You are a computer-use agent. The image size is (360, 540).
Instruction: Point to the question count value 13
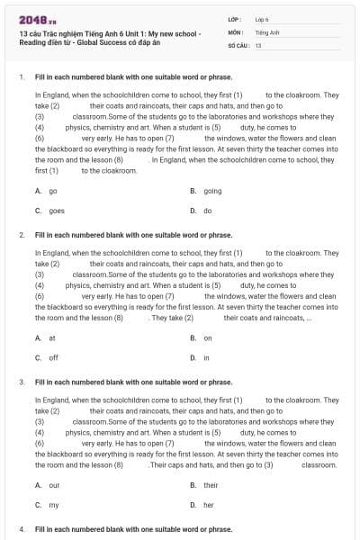[x=258, y=44]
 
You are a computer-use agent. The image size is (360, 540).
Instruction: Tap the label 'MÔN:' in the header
[x=236, y=31]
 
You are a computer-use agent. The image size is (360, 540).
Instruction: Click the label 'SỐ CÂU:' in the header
[x=238, y=44]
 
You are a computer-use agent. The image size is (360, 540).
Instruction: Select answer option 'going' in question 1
[x=212, y=191]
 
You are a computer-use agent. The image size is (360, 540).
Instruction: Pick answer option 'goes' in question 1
[x=56, y=210]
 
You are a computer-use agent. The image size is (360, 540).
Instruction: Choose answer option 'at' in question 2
[x=52, y=338]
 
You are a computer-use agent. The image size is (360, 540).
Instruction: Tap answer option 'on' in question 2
[x=208, y=338]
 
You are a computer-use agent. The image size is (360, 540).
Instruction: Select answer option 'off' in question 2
[x=53, y=357]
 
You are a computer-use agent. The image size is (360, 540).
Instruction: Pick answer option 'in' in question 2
[x=206, y=357]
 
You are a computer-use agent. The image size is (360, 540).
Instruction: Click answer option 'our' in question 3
[x=54, y=485]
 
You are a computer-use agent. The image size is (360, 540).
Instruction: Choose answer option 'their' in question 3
[x=211, y=485]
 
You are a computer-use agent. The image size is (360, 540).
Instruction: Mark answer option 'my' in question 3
[x=54, y=504]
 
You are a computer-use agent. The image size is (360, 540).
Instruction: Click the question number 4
[x=21, y=529]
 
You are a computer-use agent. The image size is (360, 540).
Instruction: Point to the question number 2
[x=21, y=235]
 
